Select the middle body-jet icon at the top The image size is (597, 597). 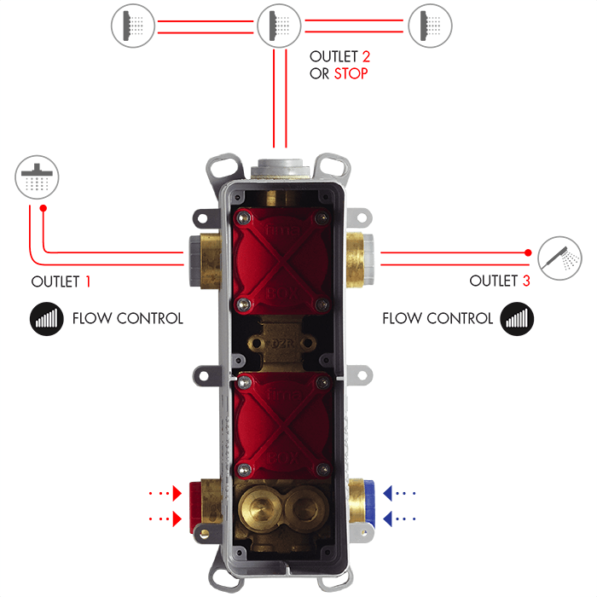279,26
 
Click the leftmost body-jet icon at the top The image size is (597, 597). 133,26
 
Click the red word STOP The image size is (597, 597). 351,73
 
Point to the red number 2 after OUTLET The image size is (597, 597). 366,56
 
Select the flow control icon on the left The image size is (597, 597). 49,319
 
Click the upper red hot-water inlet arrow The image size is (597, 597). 177,492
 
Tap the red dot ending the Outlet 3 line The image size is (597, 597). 529,252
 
